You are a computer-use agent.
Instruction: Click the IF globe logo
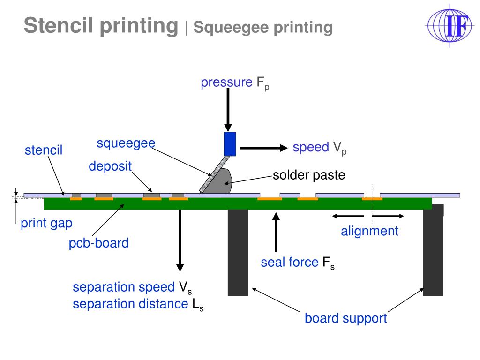[x=449, y=25]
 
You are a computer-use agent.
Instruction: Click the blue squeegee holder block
[x=230, y=143]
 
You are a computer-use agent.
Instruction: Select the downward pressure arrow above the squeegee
[x=228, y=111]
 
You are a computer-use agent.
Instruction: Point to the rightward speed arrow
[x=262, y=148]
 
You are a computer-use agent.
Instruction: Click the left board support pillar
[x=238, y=252]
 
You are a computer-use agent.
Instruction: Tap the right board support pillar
[x=433, y=252]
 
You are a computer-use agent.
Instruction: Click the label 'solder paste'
[x=309, y=175]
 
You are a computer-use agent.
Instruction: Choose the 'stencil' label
[x=44, y=150]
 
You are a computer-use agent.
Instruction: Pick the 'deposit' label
[x=110, y=166]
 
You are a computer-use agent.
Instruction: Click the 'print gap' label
[x=46, y=223]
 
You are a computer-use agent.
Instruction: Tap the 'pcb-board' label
[x=98, y=243]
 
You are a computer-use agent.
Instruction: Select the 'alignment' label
[x=369, y=231]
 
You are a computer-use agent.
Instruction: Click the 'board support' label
[x=346, y=319]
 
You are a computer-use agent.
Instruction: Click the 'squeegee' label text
[x=126, y=143]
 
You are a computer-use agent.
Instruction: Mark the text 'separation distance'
[x=130, y=304]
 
